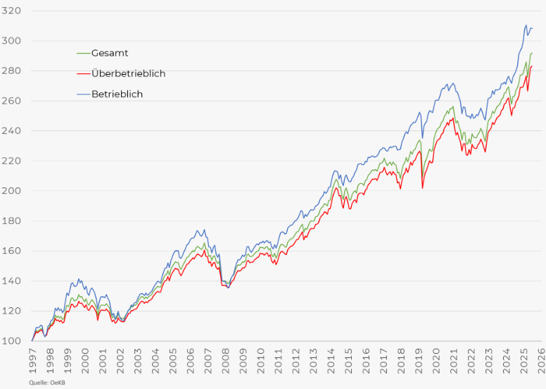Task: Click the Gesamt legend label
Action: point(110,53)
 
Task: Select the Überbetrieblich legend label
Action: point(129,73)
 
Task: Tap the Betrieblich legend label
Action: point(117,94)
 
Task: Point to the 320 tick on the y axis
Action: point(11,11)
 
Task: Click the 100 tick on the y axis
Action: point(11,341)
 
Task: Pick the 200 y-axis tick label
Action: point(11,191)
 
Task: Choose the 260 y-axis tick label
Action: point(11,101)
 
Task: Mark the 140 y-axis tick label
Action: point(11,281)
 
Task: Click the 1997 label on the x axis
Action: point(32,360)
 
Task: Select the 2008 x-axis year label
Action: point(226,360)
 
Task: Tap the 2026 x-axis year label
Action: point(542,360)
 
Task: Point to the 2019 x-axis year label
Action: point(419,360)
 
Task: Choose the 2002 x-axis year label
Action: point(120,360)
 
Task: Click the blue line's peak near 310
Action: point(526,25)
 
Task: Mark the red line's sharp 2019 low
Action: point(422,188)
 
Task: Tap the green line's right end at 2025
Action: point(532,53)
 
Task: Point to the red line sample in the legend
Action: point(84,73)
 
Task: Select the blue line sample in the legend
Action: point(84,94)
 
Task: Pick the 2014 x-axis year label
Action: point(331,360)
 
